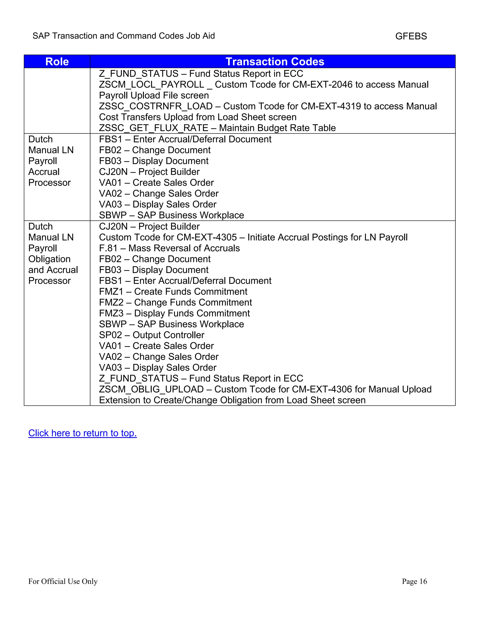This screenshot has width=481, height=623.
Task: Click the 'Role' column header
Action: (x=57, y=62)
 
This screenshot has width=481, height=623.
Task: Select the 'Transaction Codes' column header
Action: (x=275, y=62)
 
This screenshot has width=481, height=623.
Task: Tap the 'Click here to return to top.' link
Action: (x=82, y=433)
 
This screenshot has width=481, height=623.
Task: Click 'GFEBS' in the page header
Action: (x=411, y=36)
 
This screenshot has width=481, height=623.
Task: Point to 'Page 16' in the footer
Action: (x=414, y=581)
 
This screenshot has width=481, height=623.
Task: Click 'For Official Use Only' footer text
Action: (x=63, y=581)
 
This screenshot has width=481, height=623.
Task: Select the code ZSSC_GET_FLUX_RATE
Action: (x=154, y=128)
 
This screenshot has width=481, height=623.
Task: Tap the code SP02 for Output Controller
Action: (x=111, y=335)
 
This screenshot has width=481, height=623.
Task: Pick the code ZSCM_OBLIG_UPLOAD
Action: (x=151, y=389)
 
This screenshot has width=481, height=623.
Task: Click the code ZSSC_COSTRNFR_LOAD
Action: (x=155, y=106)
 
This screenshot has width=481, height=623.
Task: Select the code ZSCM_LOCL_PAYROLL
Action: (x=151, y=84)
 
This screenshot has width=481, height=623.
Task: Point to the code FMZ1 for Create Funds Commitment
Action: (x=111, y=292)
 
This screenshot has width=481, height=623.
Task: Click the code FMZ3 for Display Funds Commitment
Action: (x=111, y=313)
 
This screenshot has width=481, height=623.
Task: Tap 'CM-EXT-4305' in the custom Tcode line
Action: (x=207, y=237)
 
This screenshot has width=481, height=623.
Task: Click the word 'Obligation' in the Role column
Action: (x=49, y=259)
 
